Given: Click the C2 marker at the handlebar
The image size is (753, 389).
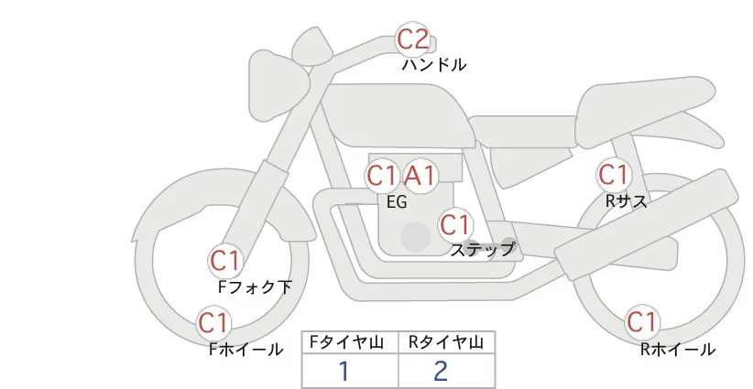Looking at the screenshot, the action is pos(413,39).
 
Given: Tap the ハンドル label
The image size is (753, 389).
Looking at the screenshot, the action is pos(434,65).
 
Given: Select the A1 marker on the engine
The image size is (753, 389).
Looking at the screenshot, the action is pos(420,176).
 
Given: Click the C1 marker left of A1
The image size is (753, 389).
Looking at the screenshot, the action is pos(382,176).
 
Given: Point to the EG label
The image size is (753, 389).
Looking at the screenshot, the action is pos(397,202).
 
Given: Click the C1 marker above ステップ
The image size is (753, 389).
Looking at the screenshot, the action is pos(454,224).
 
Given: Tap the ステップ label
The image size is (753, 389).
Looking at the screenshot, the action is pos(482,250).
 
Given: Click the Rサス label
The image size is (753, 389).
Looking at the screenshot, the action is pos(627,201).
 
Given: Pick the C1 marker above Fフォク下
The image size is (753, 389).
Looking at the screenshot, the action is pos(225,261).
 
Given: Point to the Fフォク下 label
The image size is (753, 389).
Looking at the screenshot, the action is pos(255,287).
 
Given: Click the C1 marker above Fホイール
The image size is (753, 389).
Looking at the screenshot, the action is pos(213,323).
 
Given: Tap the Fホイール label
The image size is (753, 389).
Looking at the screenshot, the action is pos(246,350).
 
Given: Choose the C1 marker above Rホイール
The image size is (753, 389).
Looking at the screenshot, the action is pos(642,322).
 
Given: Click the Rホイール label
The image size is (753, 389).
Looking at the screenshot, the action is pos(678,350).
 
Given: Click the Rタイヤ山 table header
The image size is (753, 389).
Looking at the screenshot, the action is pos(446,342).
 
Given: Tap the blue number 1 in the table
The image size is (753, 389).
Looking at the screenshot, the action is pos(344,372).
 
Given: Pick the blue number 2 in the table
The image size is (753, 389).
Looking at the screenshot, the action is pos(441,371).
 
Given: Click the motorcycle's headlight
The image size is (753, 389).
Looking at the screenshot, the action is pos(278,85).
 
